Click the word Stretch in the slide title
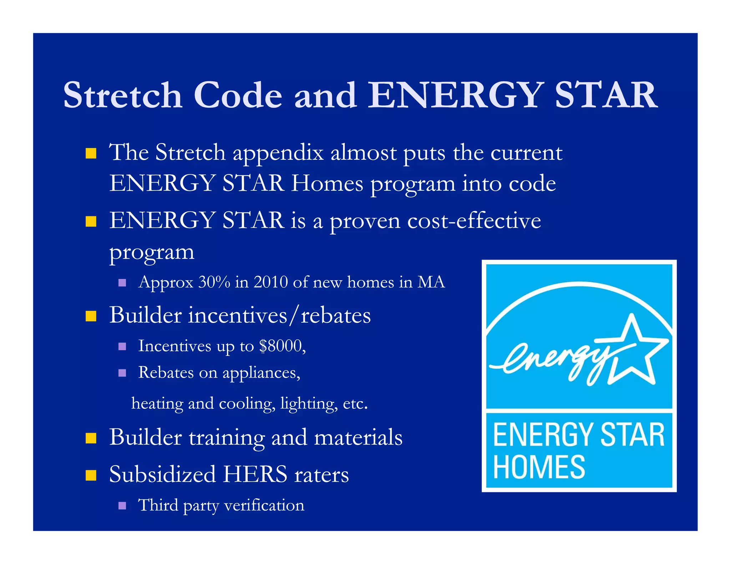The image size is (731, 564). [123, 95]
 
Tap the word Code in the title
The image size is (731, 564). [238, 95]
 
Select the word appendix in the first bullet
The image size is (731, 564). [278, 153]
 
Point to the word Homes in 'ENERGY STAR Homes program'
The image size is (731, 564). [327, 184]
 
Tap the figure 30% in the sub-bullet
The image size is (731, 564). [214, 282]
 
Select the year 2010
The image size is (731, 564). [271, 282]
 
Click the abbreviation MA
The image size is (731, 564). [431, 282]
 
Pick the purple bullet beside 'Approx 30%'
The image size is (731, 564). [122, 283]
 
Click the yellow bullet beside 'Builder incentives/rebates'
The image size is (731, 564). [91, 316]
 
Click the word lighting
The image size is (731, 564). [309, 404]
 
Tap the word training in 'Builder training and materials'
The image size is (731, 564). [227, 437]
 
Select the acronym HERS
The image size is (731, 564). [255, 475]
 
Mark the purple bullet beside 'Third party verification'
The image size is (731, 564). [122, 506]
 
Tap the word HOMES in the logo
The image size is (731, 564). [539, 467]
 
